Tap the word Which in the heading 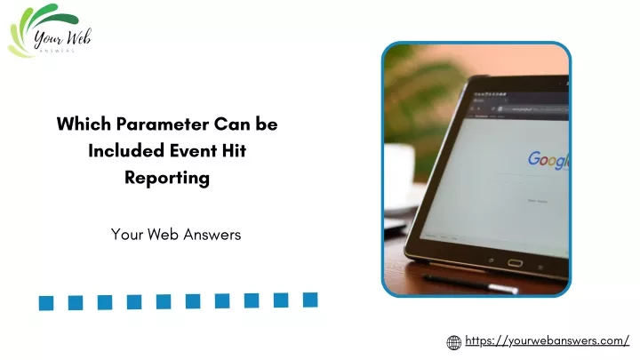[84, 124]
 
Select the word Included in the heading [125, 150]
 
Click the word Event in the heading [193, 150]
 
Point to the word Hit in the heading [235, 150]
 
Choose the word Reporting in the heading [167, 179]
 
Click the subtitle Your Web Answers [176, 235]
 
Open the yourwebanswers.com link [547, 340]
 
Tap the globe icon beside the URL [454, 342]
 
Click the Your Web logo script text [62, 37]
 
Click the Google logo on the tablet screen [548, 159]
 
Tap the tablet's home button [515, 263]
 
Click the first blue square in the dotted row [46, 303]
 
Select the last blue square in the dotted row [310, 300]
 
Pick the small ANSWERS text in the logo [57, 51]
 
